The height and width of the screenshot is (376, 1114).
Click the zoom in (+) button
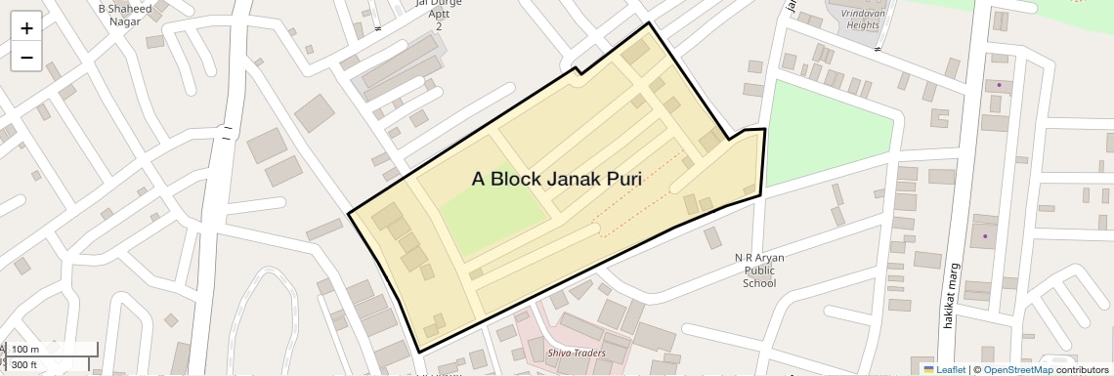pos(26,28)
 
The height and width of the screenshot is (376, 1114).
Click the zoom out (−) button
pos(26,58)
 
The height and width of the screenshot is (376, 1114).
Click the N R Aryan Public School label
pos(759,271)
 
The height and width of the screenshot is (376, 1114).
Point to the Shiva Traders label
pos(576,353)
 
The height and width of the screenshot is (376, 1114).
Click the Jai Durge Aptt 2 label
pos(439,13)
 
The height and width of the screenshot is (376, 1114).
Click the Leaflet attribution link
pos(945,369)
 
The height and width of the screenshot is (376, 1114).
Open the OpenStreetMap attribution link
pos(1017,369)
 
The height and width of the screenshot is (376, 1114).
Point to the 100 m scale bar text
pos(25,350)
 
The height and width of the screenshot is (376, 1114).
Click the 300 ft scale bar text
pos(25,365)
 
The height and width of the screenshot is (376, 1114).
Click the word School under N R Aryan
pos(759,284)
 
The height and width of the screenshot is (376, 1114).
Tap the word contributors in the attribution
pos(1082,369)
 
